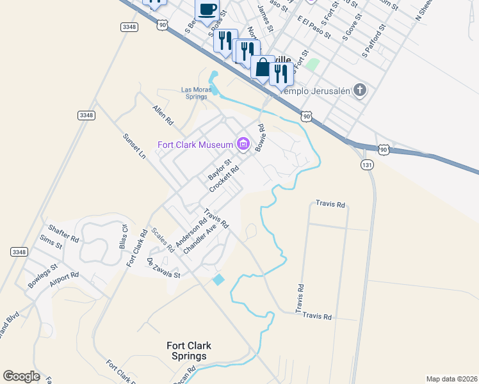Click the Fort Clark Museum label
click(196, 145)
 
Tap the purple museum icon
click(243, 145)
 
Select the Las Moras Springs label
click(195, 93)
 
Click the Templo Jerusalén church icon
click(360, 90)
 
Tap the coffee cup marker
click(207, 10)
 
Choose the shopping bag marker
click(263, 67)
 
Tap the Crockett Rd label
click(224, 180)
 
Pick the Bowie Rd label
click(260, 138)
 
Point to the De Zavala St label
click(164, 268)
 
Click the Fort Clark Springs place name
click(188, 351)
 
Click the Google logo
click(21, 376)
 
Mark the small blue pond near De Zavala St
click(218, 280)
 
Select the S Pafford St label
click(375, 39)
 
